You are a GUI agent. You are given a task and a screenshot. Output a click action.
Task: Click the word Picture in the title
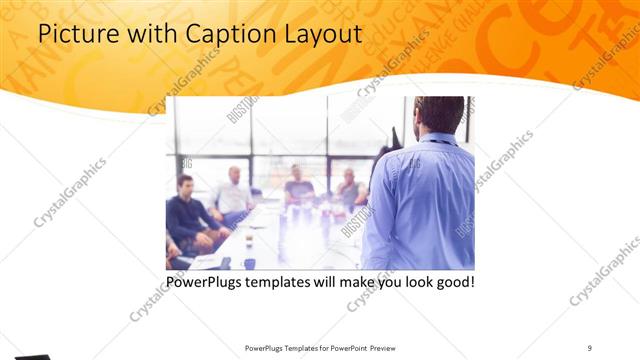72,34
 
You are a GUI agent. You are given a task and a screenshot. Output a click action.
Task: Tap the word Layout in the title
322,34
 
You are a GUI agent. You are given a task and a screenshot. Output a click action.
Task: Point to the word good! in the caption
452,283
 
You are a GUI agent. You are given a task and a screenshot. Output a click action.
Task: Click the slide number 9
589,347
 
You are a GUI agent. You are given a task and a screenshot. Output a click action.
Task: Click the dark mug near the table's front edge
248,263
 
